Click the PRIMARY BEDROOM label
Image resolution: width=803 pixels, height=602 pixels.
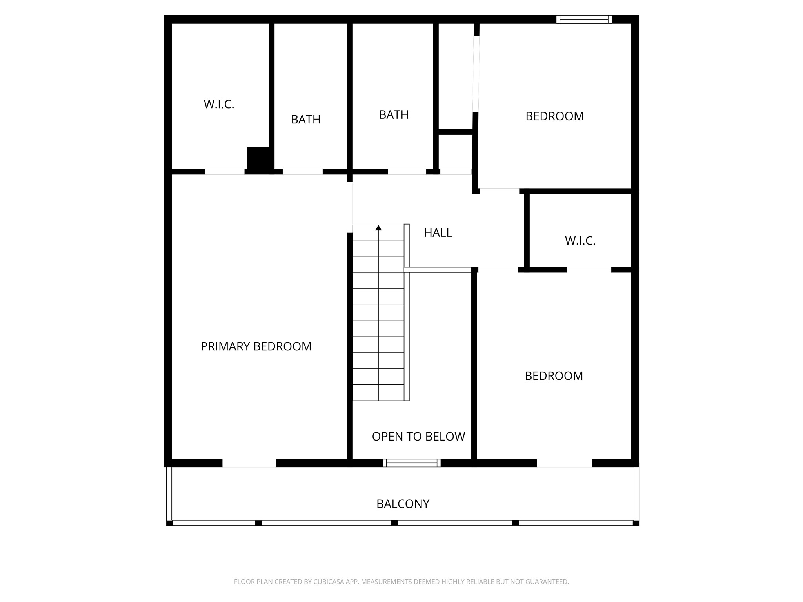(256, 346)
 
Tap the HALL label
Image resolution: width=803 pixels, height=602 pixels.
(438, 233)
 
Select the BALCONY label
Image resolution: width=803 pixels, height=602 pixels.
(403, 504)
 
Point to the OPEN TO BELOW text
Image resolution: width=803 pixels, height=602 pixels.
(418, 437)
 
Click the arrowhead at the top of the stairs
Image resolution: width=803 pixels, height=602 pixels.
(378, 228)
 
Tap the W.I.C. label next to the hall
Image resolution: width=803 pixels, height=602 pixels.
(580, 241)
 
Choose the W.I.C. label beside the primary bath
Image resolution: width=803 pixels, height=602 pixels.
(219, 104)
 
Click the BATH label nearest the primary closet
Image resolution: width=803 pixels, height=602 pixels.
(305, 120)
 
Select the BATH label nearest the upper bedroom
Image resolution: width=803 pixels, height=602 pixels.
(394, 115)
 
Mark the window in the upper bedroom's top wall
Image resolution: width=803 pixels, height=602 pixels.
(584, 19)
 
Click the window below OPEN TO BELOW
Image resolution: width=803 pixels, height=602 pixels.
(412, 463)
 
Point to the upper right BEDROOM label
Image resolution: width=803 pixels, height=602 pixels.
(554, 116)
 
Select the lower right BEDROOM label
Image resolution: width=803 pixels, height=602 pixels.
(554, 376)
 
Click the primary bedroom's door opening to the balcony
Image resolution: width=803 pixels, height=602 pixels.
(249, 463)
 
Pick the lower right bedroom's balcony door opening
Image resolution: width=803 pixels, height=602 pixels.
(564, 463)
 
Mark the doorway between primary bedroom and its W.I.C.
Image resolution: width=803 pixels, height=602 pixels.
(225, 172)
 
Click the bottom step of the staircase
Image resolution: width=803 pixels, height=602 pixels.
(378, 393)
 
